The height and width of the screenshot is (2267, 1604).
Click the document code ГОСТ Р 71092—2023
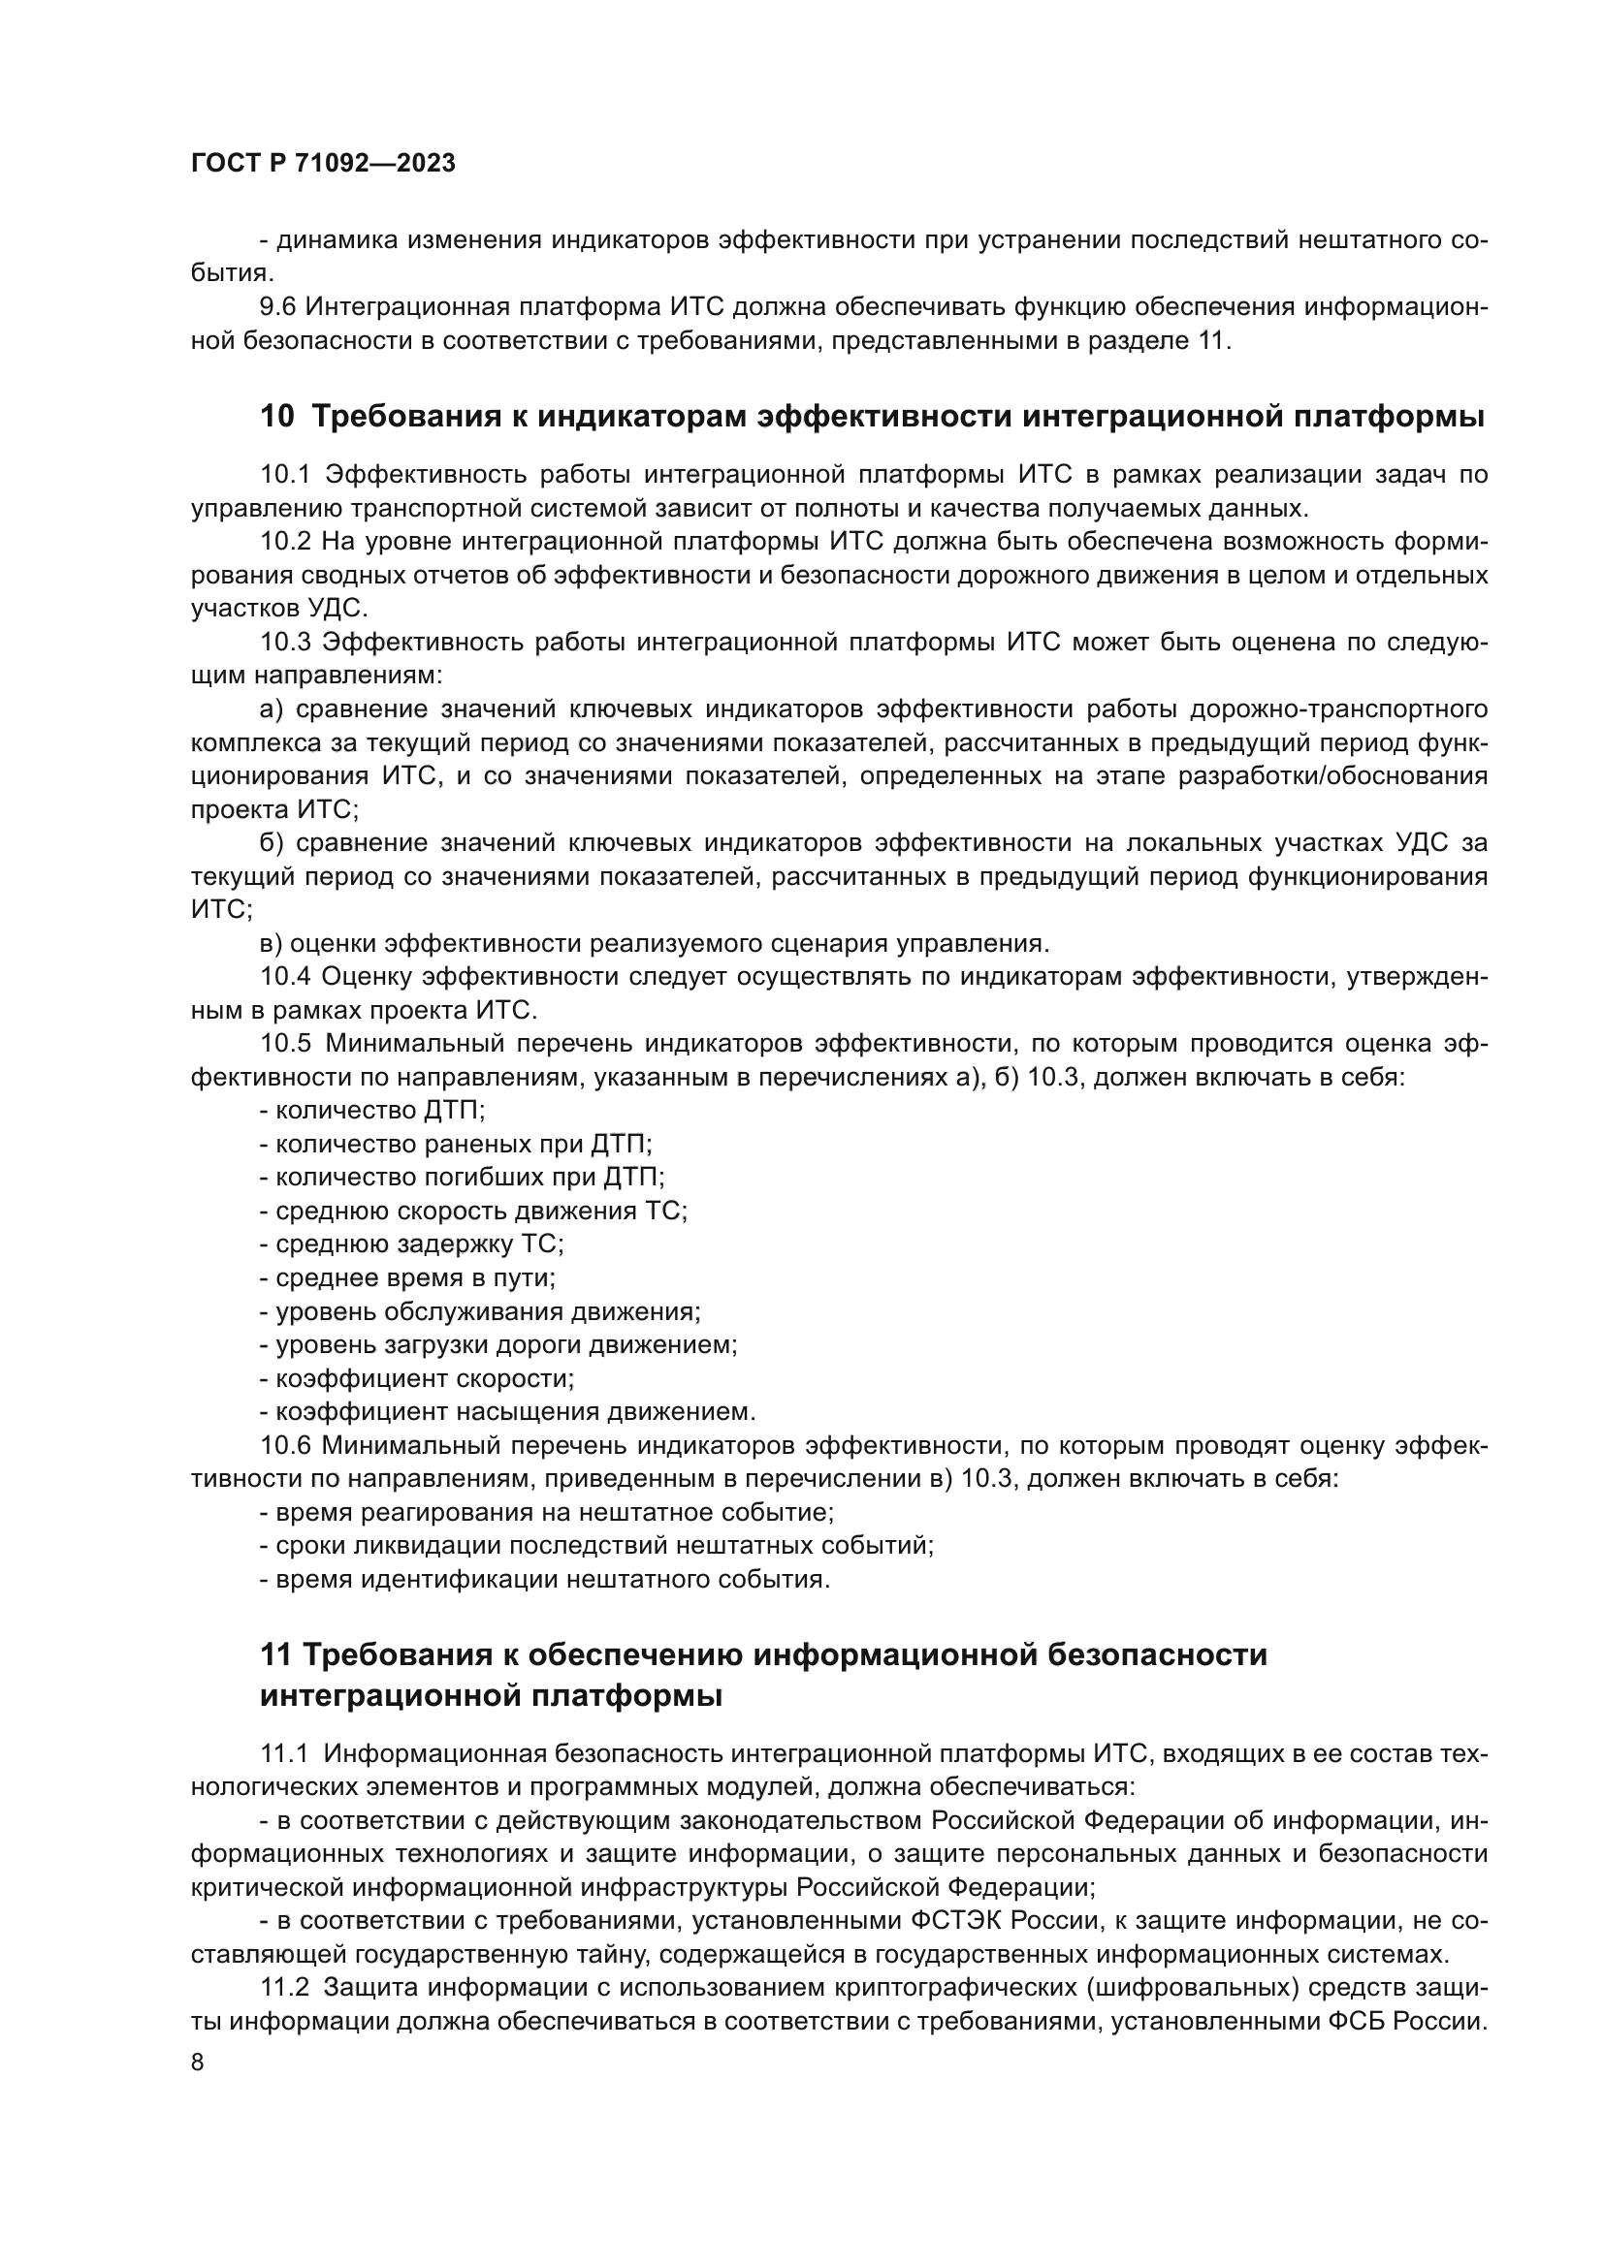pos(323,164)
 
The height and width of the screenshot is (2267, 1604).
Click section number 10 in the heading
pos(276,417)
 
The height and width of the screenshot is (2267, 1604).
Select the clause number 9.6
pos(277,307)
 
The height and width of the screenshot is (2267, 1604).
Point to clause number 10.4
pos(285,977)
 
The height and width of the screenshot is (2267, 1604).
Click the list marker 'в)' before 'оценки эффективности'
pos(272,943)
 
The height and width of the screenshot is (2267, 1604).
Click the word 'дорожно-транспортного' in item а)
pos(1338,708)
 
